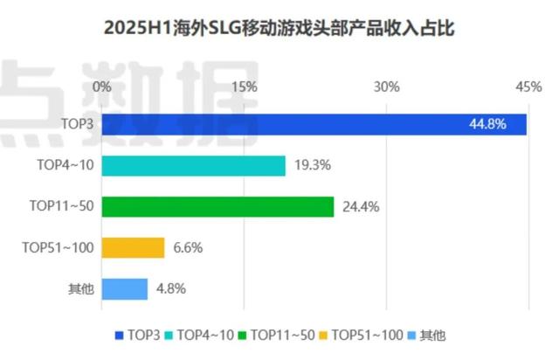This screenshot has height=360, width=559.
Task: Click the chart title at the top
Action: click(279, 29)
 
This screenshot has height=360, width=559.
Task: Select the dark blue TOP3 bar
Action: click(314, 124)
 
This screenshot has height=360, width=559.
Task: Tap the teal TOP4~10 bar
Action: click(193, 165)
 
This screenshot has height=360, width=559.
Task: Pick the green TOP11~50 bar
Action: click(217, 206)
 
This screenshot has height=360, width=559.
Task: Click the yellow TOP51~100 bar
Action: click(133, 247)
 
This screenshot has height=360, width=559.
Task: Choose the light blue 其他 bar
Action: click(124, 288)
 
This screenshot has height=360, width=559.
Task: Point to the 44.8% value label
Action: click(487, 124)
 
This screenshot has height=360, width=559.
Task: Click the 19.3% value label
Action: click(310, 165)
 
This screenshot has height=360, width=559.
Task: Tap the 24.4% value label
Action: click(358, 206)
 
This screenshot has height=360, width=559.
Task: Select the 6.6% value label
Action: click(188, 247)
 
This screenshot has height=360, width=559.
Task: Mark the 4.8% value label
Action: click(171, 288)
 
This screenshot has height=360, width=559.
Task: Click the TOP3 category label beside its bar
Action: click(77, 124)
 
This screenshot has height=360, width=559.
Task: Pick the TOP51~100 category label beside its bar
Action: click(58, 247)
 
